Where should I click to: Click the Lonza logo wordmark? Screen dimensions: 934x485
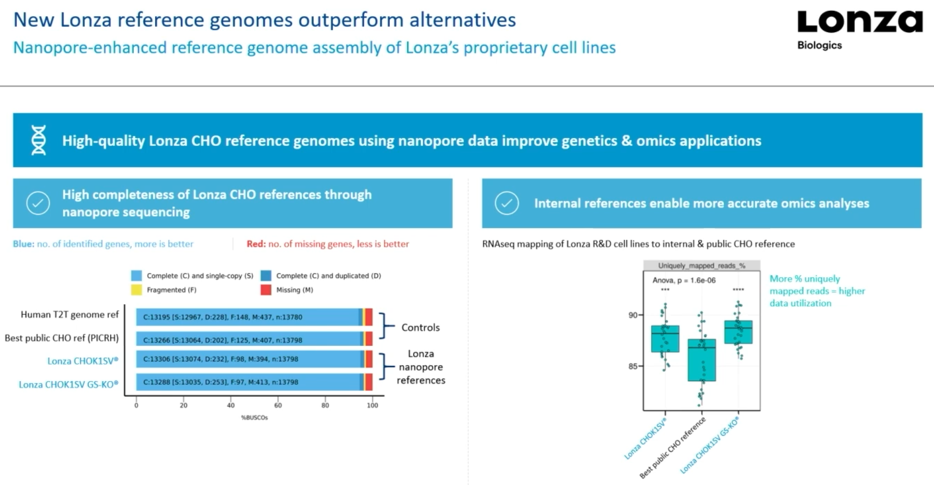[x=860, y=22]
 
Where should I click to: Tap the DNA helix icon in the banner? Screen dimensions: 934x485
[x=39, y=140]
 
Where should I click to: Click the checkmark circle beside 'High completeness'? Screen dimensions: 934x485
[x=38, y=203]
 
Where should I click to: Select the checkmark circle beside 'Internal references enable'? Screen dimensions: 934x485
[x=507, y=203]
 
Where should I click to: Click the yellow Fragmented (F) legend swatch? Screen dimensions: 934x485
[x=136, y=290]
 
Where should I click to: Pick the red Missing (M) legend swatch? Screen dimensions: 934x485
[x=266, y=290]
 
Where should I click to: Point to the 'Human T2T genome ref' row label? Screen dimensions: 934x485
[x=70, y=314]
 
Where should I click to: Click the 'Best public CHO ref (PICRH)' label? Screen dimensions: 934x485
[x=62, y=338]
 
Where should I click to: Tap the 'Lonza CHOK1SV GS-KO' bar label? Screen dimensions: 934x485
[x=68, y=384]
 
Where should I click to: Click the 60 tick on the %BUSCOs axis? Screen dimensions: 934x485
[x=278, y=405]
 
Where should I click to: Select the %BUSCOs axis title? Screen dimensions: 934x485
[x=254, y=417]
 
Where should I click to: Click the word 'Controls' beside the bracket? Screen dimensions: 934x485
[x=420, y=328]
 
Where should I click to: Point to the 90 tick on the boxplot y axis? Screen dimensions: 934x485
[x=633, y=315]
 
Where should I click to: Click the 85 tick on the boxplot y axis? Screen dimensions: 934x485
[x=633, y=366]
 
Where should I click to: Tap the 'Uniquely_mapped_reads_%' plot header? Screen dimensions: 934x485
[x=702, y=265]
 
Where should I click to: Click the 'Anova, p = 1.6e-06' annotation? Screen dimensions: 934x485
[x=684, y=280]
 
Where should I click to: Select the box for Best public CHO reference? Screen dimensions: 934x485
[x=702, y=360]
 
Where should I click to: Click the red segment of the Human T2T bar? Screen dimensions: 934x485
[x=369, y=317]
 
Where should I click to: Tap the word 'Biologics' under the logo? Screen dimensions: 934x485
[x=819, y=45]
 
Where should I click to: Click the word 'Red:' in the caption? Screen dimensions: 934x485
[x=256, y=244]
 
